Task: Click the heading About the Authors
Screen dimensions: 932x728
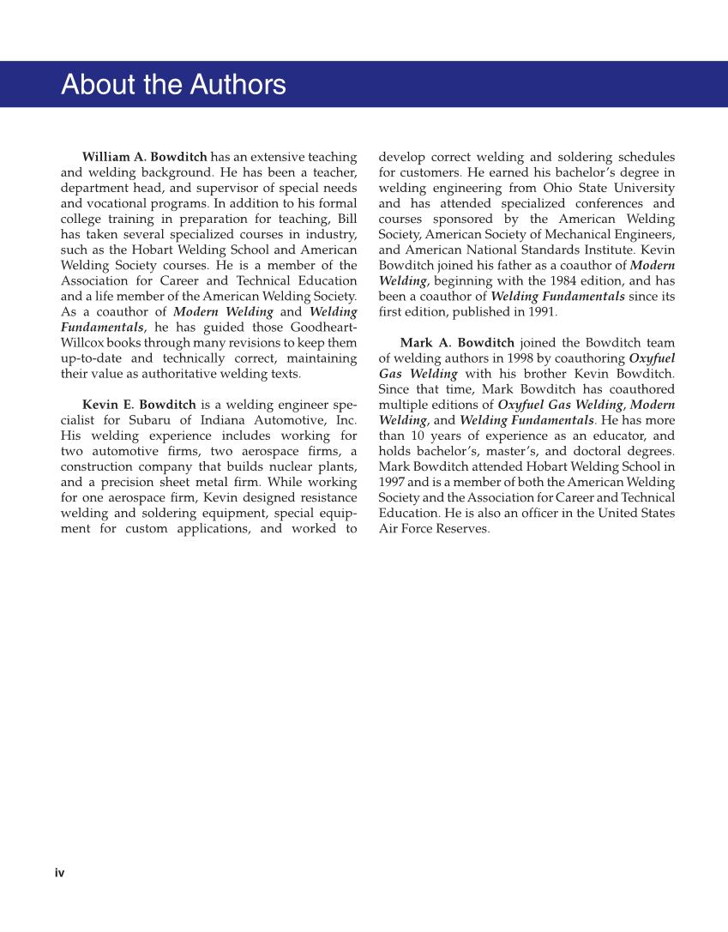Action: click(x=173, y=85)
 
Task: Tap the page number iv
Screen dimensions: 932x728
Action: click(x=60, y=873)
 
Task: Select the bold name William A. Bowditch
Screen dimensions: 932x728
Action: click(x=144, y=157)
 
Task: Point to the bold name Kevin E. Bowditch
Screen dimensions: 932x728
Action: click(x=139, y=405)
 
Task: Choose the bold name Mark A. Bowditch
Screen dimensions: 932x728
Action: click(x=457, y=343)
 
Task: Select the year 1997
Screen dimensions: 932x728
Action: click(x=393, y=482)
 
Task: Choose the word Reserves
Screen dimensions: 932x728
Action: click(x=462, y=528)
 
